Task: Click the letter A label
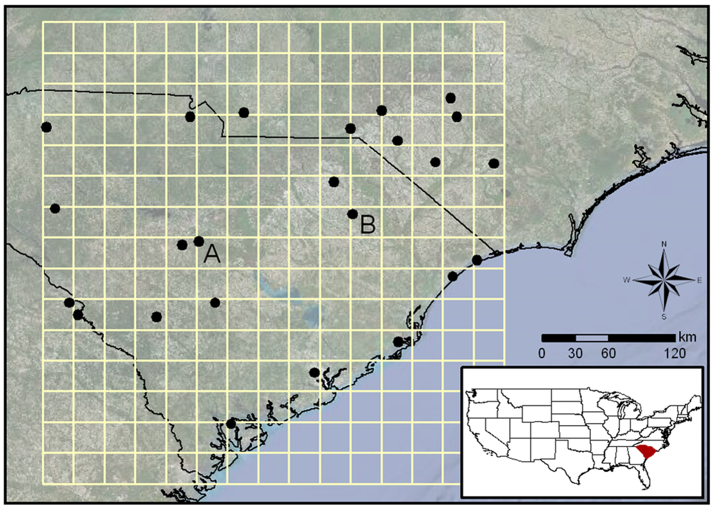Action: pyautogui.click(x=212, y=255)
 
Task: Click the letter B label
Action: pyautogui.click(x=368, y=226)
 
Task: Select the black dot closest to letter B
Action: pyautogui.click(x=352, y=214)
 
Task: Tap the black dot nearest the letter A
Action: pyautogui.click(x=199, y=242)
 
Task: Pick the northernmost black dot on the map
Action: pyautogui.click(x=450, y=97)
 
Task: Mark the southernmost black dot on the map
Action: pyautogui.click(x=231, y=423)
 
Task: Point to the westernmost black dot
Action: pyautogui.click(x=46, y=127)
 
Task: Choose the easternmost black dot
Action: pyautogui.click(x=494, y=163)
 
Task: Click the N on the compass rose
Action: pyautogui.click(x=664, y=244)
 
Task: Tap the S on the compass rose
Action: pyautogui.click(x=664, y=317)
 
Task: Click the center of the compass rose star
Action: pyautogui.click(x=664, y=279)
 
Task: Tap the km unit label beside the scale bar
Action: pyautogui.click(x=687, y=338)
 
